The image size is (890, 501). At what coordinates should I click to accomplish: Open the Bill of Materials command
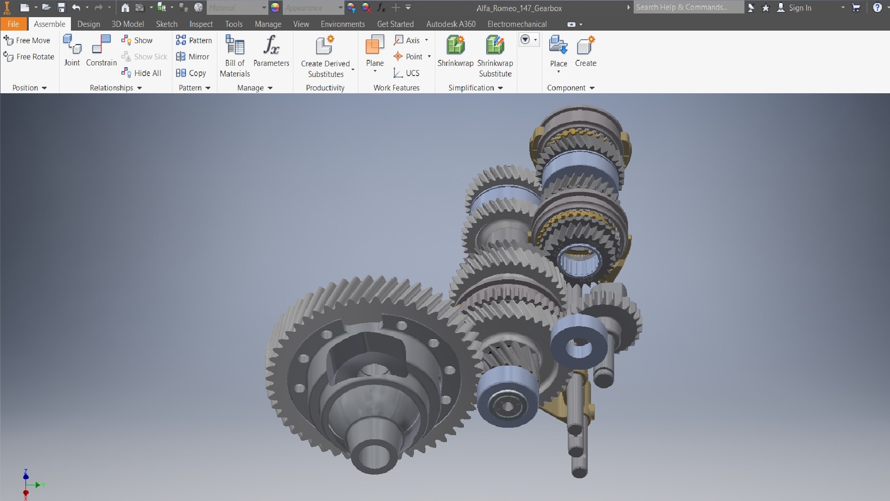pyautogui.click(x=235, y=56)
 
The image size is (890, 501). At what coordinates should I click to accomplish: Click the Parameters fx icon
pyautogui.click(x=271, y=45)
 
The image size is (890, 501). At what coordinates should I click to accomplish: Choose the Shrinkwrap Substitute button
pyautogui.click(x=495, y=56)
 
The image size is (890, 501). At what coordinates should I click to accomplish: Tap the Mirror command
pyautogui.click(x=193, y=57)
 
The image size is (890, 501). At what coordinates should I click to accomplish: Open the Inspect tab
pyautogui.click(x=201, y=24)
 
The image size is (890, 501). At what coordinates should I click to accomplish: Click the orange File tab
pyautogui.click(x=13, y=24)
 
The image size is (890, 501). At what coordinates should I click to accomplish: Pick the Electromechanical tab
pyautogui.click(x=517, y=24)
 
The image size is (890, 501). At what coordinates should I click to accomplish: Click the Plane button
pyautogui.click(x=375, y=51)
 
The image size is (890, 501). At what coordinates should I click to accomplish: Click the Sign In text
pyautogui.click(x=800, y=8)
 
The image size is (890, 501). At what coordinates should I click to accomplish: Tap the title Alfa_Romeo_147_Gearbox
pyautogui.click(x=519, y=8)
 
